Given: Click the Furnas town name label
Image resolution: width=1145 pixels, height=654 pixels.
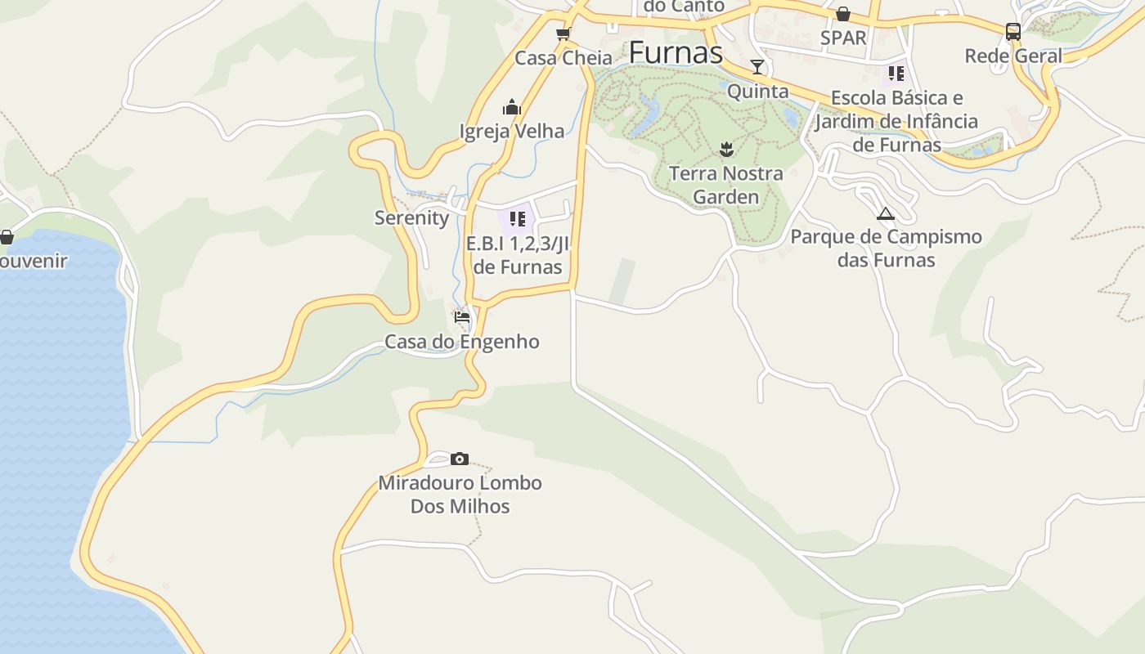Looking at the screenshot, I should (676, 53).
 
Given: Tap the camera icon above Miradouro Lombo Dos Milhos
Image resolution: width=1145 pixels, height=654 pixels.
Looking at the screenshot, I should (460, 459).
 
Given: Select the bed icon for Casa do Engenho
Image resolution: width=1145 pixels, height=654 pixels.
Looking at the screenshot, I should (462, 317).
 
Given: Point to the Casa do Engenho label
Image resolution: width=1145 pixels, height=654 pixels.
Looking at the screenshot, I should (462, 342).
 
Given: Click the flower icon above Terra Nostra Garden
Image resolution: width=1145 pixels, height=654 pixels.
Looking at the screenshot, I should (725, 149).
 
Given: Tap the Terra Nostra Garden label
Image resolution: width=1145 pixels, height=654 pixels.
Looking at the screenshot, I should (725, 185).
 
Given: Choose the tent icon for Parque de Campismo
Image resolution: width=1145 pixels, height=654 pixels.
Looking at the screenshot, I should (886, 214).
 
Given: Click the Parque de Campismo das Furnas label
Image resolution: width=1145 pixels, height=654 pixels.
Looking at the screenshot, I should (886, 249).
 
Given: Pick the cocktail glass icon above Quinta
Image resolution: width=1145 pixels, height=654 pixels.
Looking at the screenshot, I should (757, 67).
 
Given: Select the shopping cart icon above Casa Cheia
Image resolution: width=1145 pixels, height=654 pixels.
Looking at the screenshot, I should (563, 34).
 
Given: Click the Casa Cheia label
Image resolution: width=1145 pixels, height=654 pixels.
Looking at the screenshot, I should (564, 58).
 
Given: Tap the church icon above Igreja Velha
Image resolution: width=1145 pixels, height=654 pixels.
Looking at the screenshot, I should (512, 107).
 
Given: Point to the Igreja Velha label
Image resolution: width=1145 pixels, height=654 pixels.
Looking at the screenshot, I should (512, 131).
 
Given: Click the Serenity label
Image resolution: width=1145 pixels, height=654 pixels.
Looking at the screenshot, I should (412, 217).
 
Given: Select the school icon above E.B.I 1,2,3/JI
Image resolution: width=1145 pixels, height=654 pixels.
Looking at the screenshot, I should (517, 219).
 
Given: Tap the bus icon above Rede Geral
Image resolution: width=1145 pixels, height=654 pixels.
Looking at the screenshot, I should (1013, 32).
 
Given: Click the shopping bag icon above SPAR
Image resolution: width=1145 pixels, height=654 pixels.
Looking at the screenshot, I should (843, 14).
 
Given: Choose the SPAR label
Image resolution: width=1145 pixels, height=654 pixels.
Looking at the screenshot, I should (843, 38).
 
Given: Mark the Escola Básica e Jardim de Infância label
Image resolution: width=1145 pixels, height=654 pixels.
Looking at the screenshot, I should (896, 121).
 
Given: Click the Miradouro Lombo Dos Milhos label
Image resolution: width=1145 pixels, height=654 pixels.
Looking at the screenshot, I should (460, 495).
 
